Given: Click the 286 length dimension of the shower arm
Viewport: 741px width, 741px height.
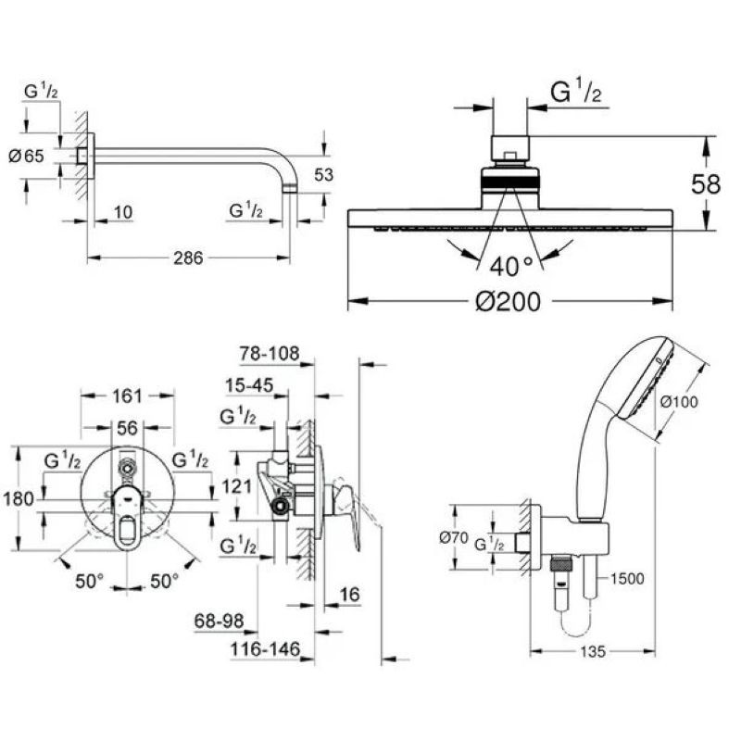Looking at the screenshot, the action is (x=188, y=258).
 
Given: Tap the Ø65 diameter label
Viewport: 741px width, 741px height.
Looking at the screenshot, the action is (x=27, y=156).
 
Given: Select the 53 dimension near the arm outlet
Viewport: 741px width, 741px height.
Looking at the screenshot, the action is (x=323, y=175).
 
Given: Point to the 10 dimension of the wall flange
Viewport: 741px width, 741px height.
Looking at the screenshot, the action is (x=123, y=212).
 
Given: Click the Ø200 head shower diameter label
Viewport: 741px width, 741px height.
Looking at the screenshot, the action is (x=508, y=302).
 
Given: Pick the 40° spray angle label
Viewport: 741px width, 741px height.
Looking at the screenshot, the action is (x=511, y=267).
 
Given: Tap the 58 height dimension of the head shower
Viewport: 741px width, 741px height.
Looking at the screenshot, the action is (x=706, y=183).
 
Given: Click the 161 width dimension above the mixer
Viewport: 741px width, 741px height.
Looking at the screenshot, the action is (x=127, y=396).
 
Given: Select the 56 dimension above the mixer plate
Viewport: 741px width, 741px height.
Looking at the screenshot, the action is (x=127, y=428).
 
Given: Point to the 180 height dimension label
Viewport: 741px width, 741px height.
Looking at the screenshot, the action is (x=19, y=498).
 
